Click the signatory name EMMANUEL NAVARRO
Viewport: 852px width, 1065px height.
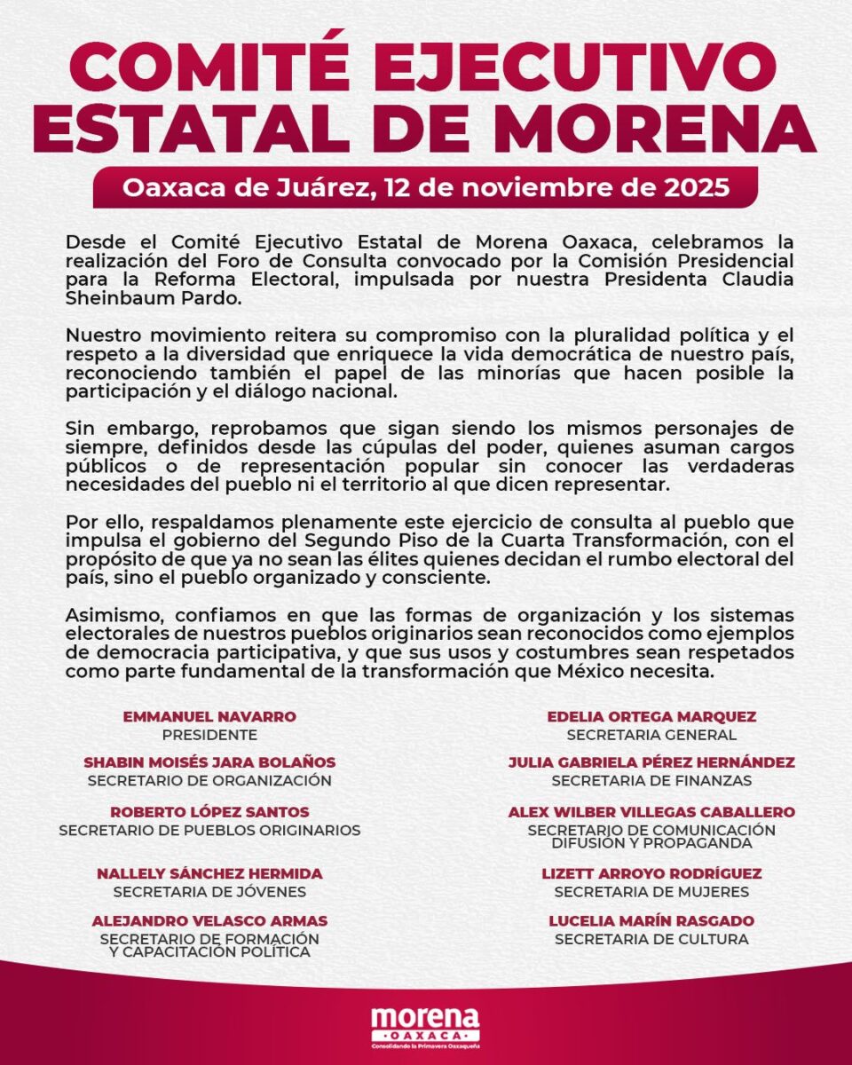pyautogui.click(x=209, y=716)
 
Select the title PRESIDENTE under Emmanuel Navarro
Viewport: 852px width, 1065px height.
pyautogui.click(x=209, y=735)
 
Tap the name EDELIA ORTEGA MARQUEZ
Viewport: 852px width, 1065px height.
pyautogui.click(x=651, y=716)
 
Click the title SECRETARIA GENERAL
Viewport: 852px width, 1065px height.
pyautogui.click(x=651, y=735)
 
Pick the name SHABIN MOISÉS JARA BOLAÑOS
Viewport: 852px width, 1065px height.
pyautogui.click(x=209, y=762)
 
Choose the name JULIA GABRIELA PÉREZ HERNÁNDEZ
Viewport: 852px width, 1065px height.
pyautogui.click(x=651, y=762)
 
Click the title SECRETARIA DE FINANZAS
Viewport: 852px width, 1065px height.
pyautogui.click(x=651, y=781)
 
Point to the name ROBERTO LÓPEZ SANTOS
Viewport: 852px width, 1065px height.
pyautogui.click(x=209, y=812)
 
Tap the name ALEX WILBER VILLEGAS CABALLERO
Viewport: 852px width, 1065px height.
pyautogui.click(x=651, y=812)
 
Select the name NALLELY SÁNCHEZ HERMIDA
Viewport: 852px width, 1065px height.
pyautogui.click(x=209, y=873)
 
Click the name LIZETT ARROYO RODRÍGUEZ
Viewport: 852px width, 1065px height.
pyautogui.click(x=651, y=873)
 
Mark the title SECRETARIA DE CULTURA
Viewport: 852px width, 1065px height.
pyautogui.click(x=651, y=939)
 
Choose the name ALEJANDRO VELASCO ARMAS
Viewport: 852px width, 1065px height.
pyautogui.click(x=209, y=920)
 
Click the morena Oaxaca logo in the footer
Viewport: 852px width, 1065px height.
pyautogui.click(x=425, y=1025)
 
